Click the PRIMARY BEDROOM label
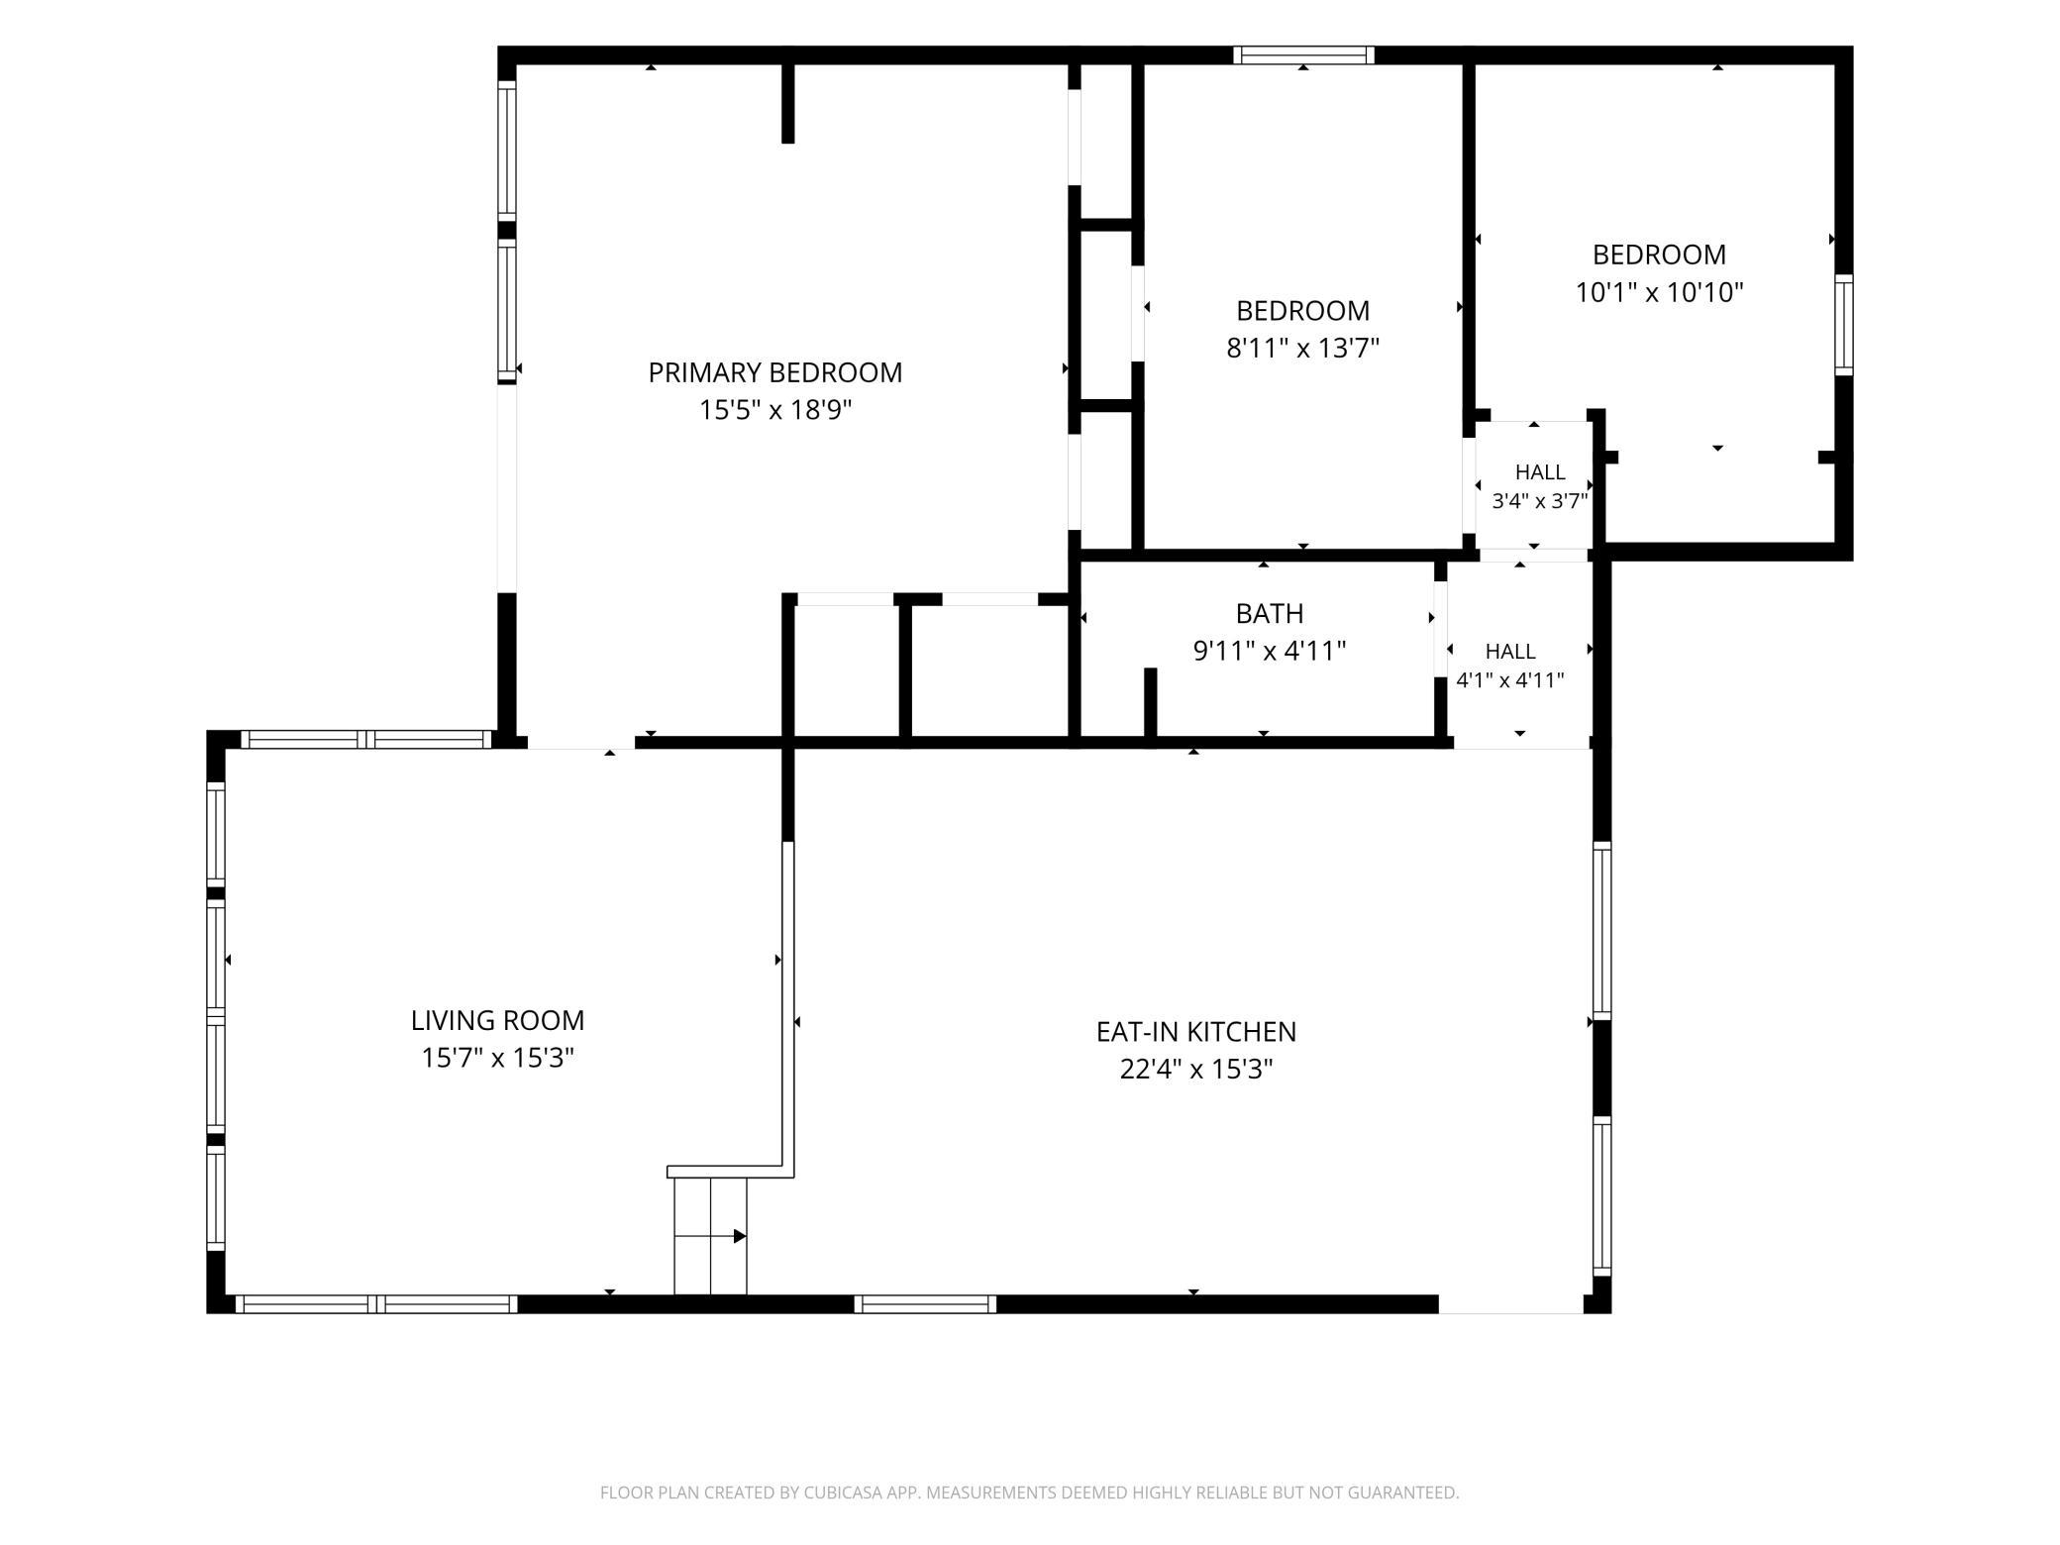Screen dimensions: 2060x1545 [774, 372]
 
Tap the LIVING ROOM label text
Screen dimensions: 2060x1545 [497, 1020]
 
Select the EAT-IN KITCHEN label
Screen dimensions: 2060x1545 [1195, 1032]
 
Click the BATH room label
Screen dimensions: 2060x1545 [1270, 614]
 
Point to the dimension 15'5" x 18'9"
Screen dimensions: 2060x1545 [775, 410]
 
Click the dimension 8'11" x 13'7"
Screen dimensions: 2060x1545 [1302, 349]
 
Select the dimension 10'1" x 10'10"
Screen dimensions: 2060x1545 [1659, 293]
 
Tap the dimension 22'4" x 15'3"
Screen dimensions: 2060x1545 [1195, 1070]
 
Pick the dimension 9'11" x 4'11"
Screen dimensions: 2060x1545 [1270, 652]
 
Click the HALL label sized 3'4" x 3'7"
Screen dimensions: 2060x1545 [1540, 472]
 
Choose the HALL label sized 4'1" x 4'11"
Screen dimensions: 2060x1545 [1510, 652]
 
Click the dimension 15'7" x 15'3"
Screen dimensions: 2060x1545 [497, 1058]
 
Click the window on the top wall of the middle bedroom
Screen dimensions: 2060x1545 [1303, 55]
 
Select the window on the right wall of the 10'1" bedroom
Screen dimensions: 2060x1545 [1843, 325]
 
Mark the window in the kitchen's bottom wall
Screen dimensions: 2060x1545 [925, 1304]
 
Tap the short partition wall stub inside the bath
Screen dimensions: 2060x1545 [1151, 702]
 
